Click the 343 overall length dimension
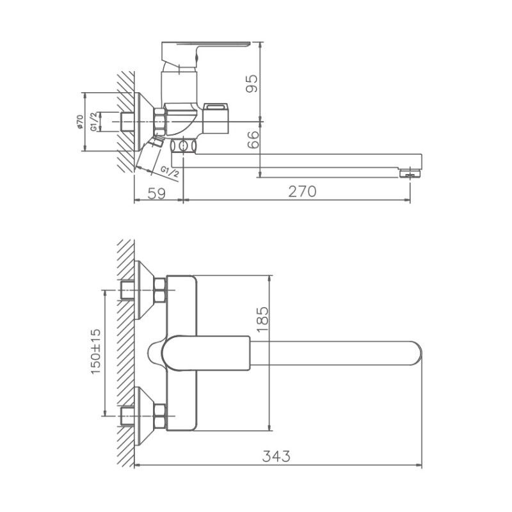point(278,456)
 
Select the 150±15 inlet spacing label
point(96,352)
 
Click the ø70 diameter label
point(79,122)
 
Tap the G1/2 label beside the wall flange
point(94,121)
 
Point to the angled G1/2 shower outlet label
point(170,172)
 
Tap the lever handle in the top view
point(205,353)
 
